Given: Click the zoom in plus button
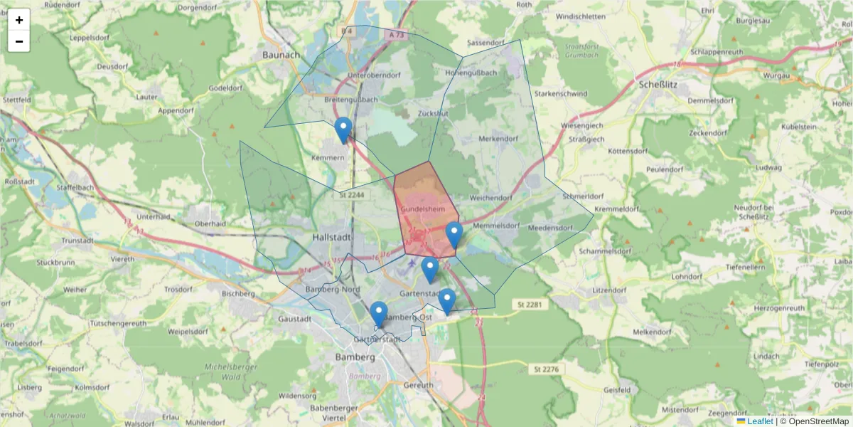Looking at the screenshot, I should pos(19,20).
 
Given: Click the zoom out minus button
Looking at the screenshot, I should pos(19,41).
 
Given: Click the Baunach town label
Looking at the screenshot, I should pos(281,54).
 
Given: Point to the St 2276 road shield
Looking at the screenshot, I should pos(546,369).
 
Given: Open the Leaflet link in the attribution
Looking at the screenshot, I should pos(760,421).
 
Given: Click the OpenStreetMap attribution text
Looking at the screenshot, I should pos(814,421).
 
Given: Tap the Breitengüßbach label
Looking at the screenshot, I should pos(351,100).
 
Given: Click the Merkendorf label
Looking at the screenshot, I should pos(498,138).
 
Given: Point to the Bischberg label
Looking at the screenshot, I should pos(238,293).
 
